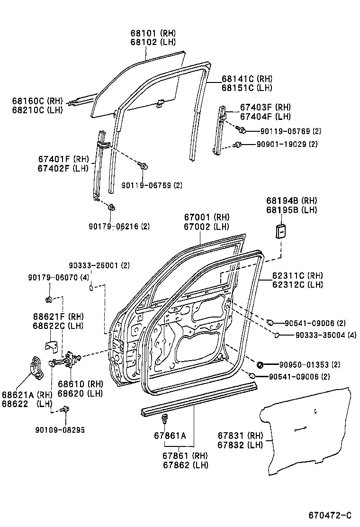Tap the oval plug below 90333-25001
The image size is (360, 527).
(93, 287)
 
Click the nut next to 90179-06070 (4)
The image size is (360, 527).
(48, 299)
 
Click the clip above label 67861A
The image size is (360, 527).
(165, 418)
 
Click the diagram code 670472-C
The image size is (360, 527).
(330, 515)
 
